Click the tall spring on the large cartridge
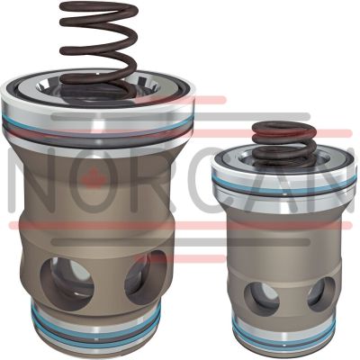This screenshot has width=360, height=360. pos(99,48)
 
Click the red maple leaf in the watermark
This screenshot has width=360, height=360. pos(94,177)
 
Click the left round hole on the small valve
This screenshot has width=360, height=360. pos(262,296)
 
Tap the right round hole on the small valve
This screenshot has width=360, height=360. pos(321,294)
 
